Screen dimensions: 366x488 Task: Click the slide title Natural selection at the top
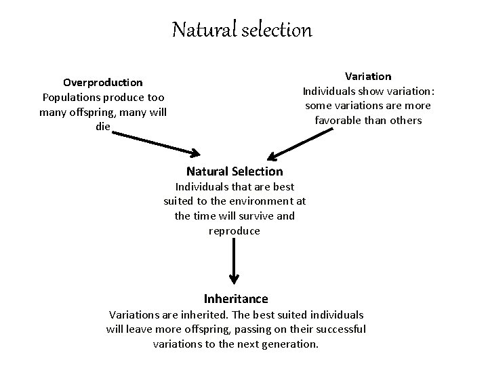point(242,30)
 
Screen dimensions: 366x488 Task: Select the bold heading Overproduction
point(103,83)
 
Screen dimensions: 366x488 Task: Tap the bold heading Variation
point(368,77)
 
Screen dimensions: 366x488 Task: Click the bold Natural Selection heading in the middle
point(235,171)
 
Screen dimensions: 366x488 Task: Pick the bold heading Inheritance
point(236,298)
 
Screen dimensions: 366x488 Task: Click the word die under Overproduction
point(103,127)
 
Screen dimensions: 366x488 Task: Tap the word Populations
point(73,98)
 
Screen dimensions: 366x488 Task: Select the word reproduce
point(235,230)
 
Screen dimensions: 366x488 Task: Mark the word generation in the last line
point(289,344)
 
